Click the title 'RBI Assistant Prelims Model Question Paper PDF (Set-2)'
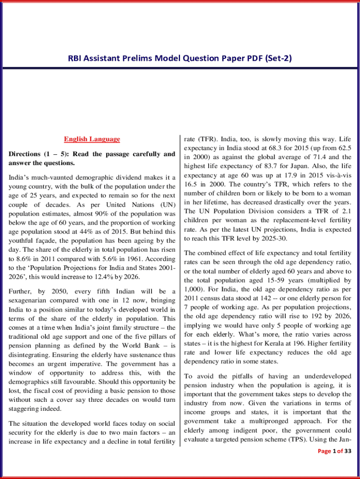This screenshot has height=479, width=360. click(180, 58)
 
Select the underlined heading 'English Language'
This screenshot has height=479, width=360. click(92, 139)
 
